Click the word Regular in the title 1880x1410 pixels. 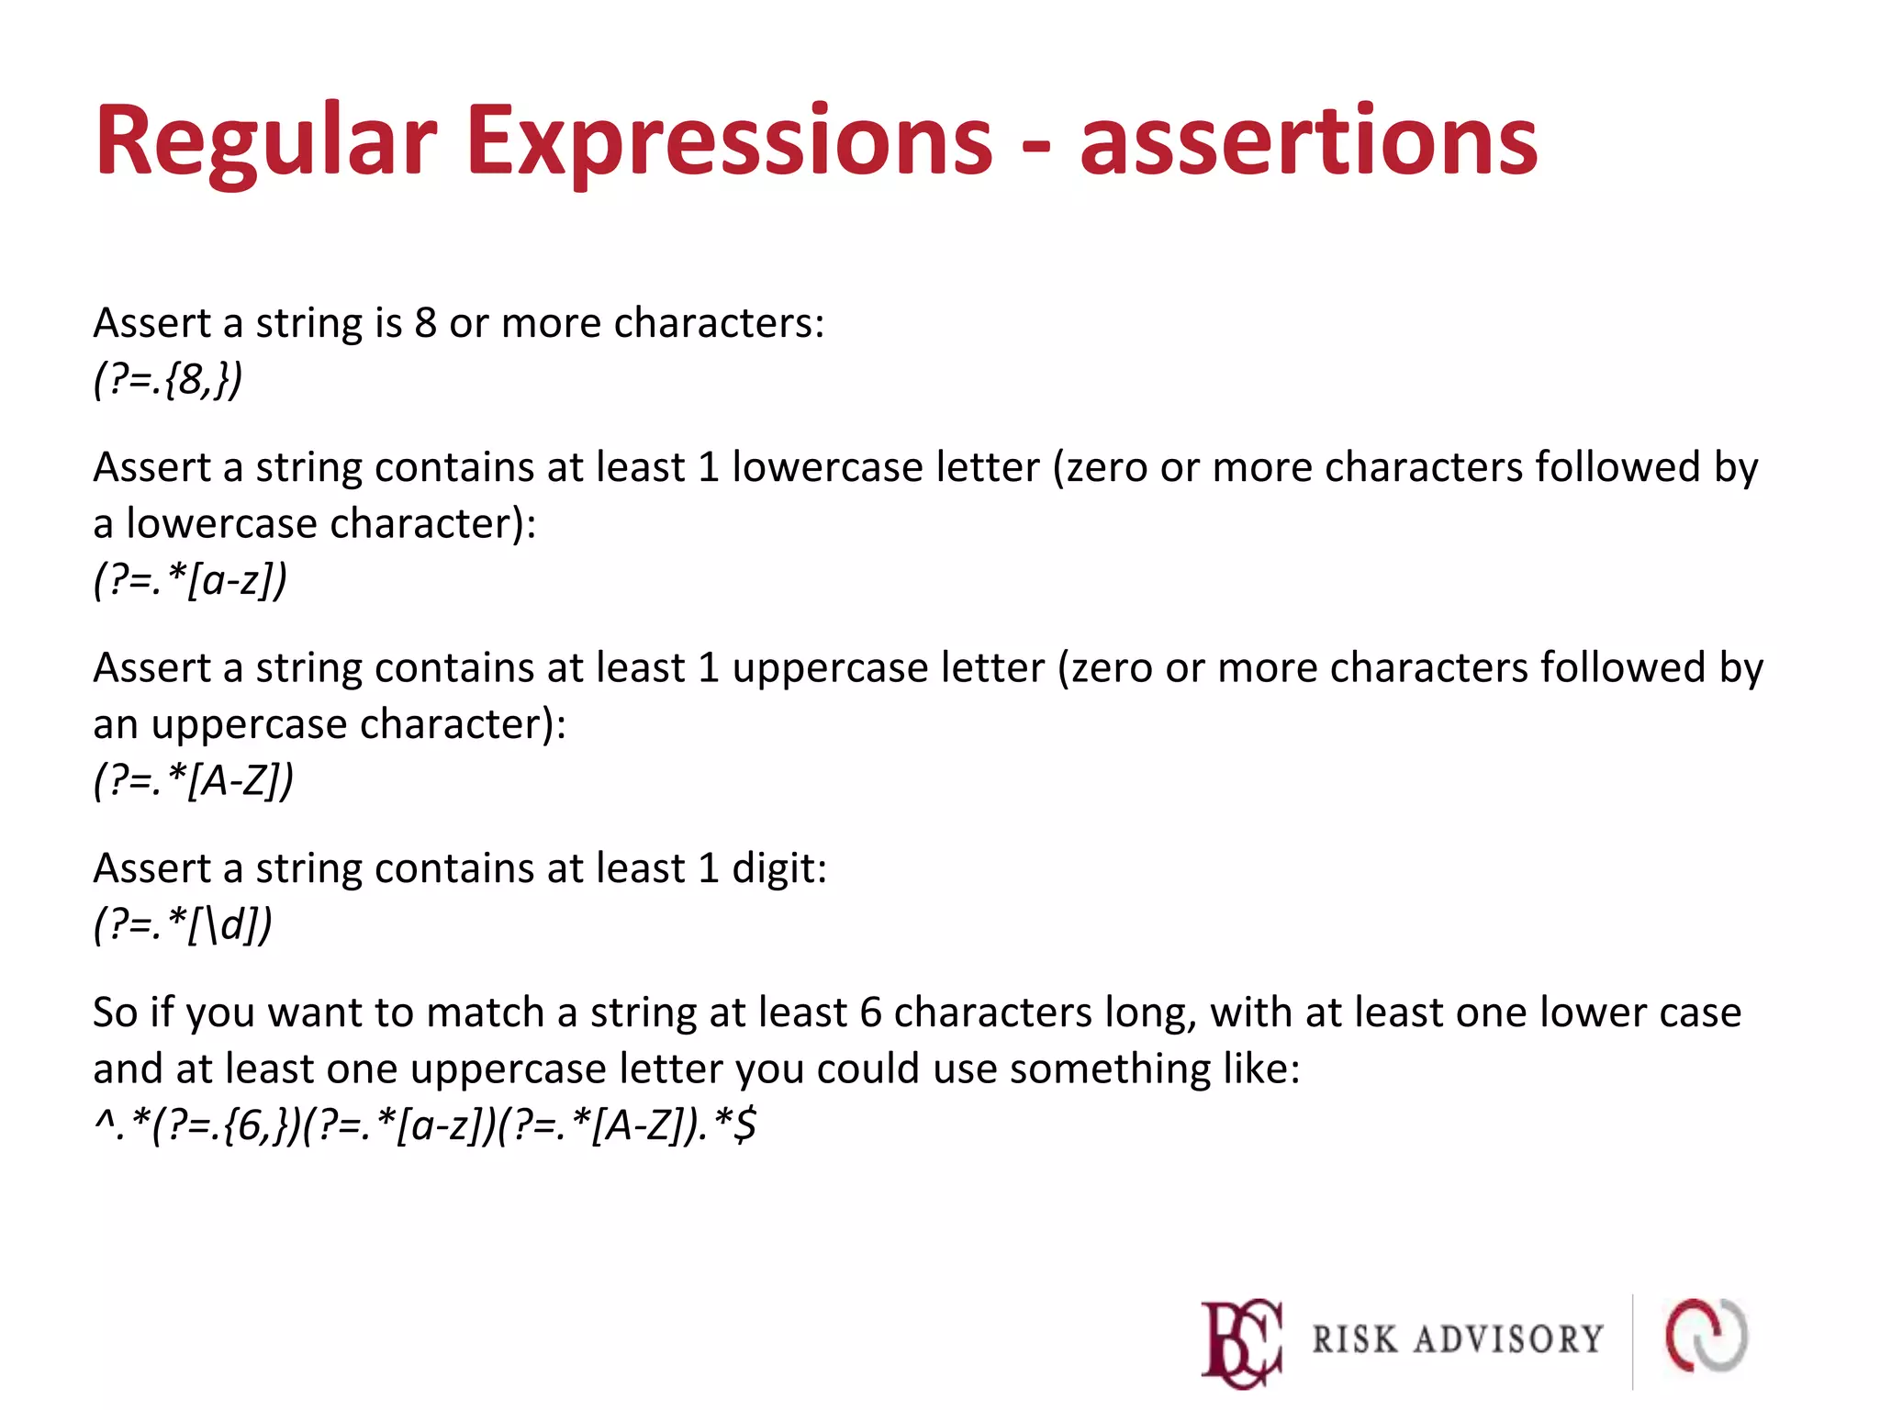coord(265,142)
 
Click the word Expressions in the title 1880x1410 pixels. coord(730,142)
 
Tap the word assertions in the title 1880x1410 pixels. coord(1308,142)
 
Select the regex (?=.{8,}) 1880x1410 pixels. coord(168,378)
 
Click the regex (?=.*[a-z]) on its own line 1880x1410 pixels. coord(190,579)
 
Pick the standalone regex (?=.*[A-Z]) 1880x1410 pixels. coord(194,780)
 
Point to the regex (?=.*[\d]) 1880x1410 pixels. coord(183,924)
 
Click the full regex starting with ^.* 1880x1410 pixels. coord(425,1125)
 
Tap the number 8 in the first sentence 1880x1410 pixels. coord(425,323)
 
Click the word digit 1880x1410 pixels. coord(778,868)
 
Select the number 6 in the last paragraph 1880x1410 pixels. coord(871,1013)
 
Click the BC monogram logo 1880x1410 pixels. coord(1242,1341)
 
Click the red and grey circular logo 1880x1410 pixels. coord(1707,1336)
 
